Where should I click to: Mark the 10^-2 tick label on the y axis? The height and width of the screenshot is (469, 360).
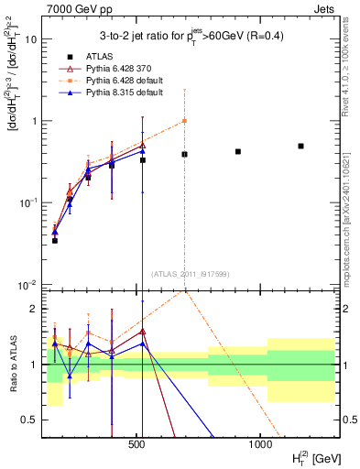click(x=29, y=284)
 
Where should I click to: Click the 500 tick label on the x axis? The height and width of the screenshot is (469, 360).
click(x=138, y=442)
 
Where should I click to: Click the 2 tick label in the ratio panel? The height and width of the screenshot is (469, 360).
click(x=35, y=309)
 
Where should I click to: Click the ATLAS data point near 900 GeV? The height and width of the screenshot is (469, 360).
click(x=238, y=151)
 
